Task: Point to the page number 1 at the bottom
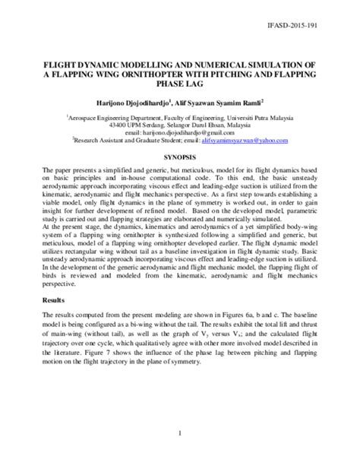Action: (180, 433)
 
